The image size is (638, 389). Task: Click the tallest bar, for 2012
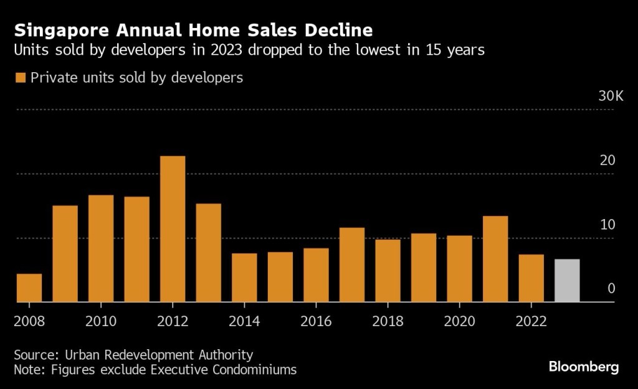pos(173,229)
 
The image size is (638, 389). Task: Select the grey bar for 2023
pos(567,281)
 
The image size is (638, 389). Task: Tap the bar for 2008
pos(29,288)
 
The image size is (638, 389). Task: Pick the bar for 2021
pos(495,259)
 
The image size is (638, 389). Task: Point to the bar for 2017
pos(352,265)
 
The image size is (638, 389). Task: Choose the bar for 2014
pos(244,278)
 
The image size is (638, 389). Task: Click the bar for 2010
pos(101,249)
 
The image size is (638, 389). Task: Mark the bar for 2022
pos(531,278)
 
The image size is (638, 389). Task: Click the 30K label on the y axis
pos(611,96)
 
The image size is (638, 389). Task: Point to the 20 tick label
pos(607,161)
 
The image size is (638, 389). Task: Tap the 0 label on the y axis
pos(611,289)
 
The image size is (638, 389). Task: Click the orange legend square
pos(21,78)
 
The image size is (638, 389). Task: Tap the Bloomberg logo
pos(584,367)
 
